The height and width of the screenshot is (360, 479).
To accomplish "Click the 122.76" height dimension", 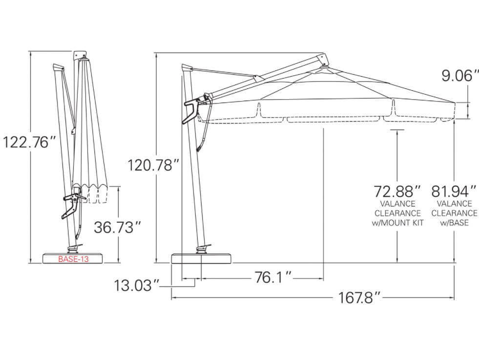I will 29,143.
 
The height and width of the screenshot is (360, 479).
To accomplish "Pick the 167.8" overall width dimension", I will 359,297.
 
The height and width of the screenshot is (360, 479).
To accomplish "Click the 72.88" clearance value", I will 397,190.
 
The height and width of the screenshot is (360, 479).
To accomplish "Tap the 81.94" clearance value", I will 454,190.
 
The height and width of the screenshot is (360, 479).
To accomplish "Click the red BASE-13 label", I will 73,259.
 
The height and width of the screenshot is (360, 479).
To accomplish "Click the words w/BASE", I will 454,223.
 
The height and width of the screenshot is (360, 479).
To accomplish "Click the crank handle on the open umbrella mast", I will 192,111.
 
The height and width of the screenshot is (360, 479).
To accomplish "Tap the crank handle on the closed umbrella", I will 72,203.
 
